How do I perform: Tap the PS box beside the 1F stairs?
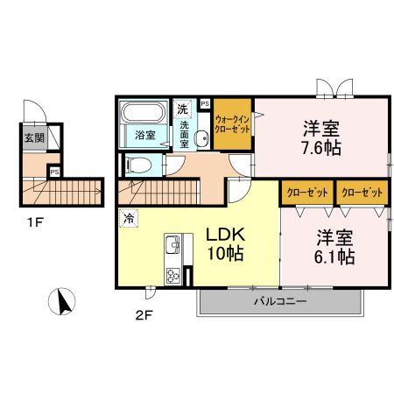[54, 172]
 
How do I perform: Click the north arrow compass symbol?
[62, 303]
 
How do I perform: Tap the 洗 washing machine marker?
[182, 109]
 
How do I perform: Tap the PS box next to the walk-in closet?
[205, 102]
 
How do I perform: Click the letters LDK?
[225, 234]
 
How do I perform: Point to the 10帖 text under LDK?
[224, 255]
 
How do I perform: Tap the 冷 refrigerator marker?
[128, 219]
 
